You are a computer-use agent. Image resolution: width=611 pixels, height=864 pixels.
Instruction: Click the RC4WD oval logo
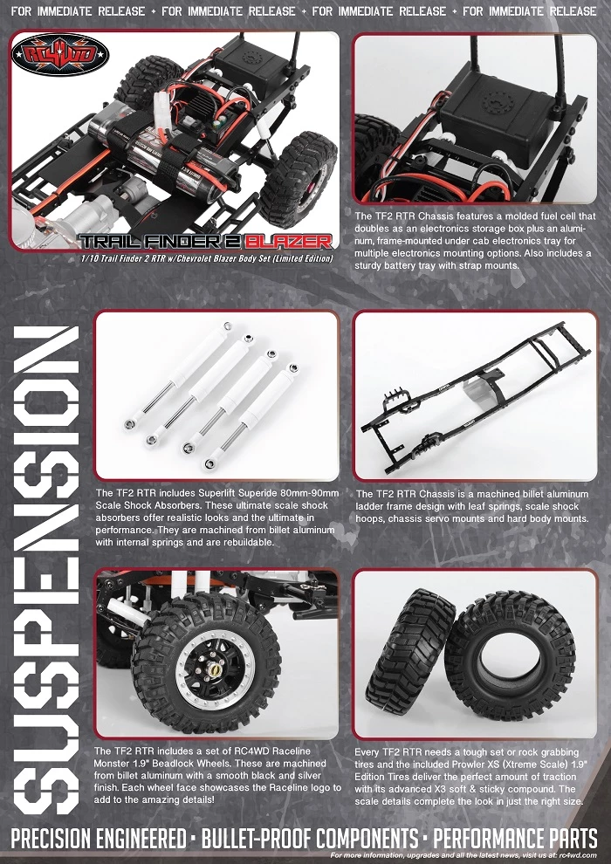click(60, 55)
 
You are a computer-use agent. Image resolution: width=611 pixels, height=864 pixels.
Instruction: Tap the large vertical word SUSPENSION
click(47, 570)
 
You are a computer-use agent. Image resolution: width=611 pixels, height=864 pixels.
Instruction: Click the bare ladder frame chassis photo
click(476, 395)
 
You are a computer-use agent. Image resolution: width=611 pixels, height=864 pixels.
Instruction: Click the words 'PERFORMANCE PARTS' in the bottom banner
click(515, 840)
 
